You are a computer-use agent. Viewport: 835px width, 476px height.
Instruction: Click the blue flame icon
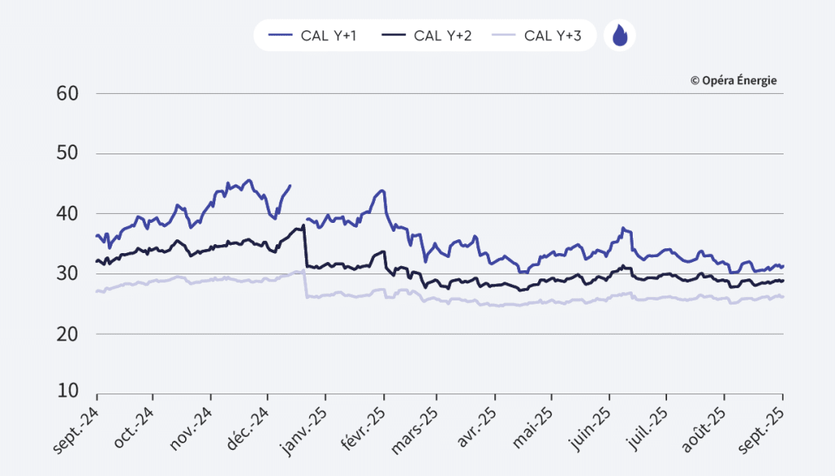coord(620,35)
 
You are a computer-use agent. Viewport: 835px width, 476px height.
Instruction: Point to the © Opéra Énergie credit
coord(733,80)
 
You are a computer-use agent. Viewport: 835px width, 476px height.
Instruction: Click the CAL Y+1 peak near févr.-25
coord(381,191)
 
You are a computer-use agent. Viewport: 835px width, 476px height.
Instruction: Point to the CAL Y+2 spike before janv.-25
coord(303,225)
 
